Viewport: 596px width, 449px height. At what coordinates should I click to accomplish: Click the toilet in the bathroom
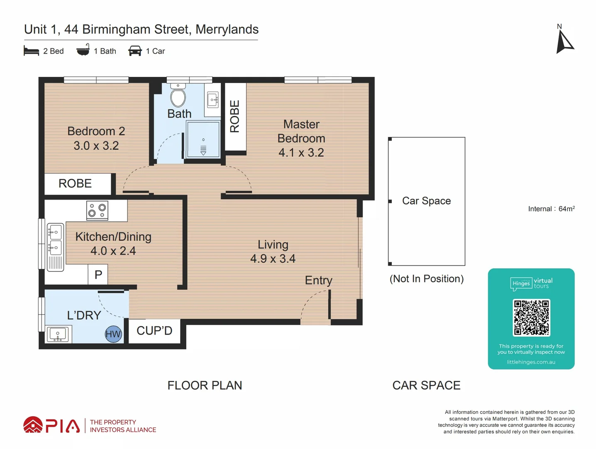coord(178,96)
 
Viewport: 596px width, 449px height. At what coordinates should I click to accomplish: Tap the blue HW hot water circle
coord(113,334)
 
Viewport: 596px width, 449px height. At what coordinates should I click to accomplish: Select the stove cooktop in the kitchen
coord(98,210)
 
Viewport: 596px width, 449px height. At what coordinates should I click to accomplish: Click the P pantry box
coord(98,275)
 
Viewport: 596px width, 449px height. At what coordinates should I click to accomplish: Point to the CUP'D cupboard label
coord(154,331)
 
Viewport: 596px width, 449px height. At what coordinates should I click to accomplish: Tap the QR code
coord(531,317)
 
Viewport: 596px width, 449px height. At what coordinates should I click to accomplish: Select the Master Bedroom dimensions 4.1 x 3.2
coord(301,153)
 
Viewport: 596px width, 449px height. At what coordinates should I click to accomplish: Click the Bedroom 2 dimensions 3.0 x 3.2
coord(96,146)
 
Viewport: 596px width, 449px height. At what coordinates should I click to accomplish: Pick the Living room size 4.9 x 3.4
coord(273,259)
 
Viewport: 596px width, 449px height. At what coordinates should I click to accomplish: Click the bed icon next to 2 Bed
coord(32,51)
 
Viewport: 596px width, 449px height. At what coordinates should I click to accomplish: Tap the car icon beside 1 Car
coord(135,51)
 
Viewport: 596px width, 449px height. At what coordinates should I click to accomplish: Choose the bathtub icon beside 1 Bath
coord(83,51)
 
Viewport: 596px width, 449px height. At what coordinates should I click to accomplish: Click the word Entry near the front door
coord(318,280)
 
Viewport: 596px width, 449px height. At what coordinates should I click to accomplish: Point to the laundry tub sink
coord(58,334)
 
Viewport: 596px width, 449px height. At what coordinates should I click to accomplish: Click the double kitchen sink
coord(55,240)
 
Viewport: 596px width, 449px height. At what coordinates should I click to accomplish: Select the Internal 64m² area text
coord(551,209)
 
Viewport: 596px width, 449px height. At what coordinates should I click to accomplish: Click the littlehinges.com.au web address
coord(531,362)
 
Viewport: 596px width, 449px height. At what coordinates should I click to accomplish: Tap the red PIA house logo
coord(33,425)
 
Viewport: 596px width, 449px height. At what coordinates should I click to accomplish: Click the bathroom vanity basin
coord(213,100)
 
